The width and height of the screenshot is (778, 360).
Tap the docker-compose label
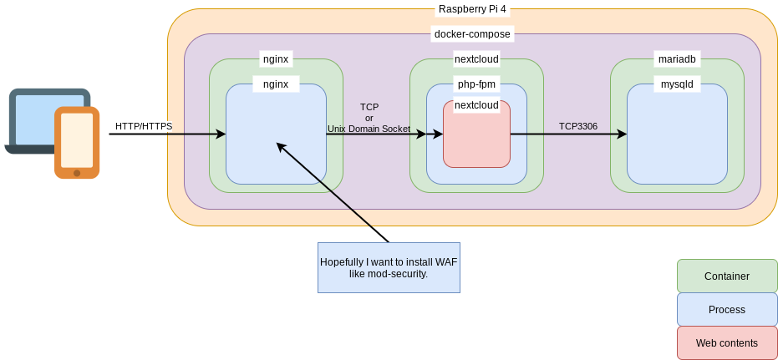[x=472, y=34]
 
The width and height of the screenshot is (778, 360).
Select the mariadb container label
[x=677, y=59]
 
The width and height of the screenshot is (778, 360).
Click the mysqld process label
[x=677, y=84]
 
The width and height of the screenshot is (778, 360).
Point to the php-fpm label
[x=476, y=84]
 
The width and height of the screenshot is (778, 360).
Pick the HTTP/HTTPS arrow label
[x=144, y=126]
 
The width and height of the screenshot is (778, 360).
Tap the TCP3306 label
[x=578, y=126]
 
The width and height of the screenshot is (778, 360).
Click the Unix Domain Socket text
[x=369, y=129]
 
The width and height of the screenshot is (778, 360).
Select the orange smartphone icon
[x=77, y=142]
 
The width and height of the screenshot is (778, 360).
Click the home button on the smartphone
[x=77, y=173]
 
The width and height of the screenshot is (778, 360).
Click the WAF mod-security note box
[x=389, y=267]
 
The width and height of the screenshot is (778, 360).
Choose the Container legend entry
[x=727, y=276]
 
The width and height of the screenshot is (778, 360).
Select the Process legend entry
[x=727, y=309]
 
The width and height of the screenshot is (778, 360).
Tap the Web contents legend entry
[x=727, y=342]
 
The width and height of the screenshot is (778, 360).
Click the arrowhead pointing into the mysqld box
[x=623, y=134]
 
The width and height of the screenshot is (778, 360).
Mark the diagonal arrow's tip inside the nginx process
[x=277, y=144]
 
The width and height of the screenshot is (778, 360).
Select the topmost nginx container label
[x=276, y=59]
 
